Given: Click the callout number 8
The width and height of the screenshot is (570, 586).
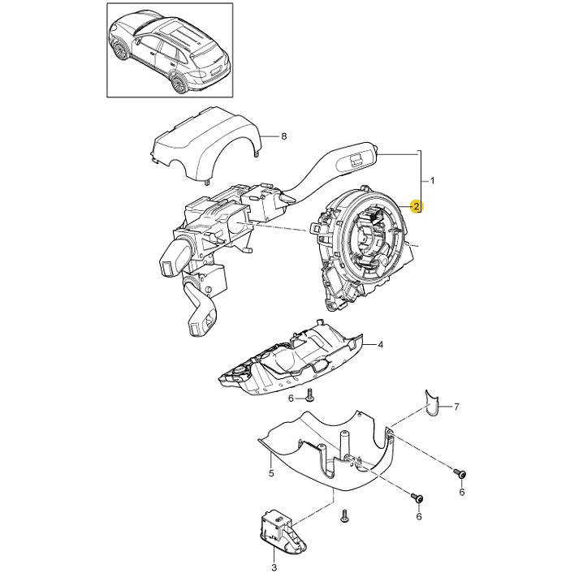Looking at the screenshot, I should tap(284, 136).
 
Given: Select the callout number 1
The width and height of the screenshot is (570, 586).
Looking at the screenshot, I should tap(433, 179).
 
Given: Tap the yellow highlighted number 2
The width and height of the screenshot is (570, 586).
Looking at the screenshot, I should tap(417, 207).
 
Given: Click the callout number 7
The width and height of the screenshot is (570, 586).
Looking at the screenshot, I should tap(456, 406).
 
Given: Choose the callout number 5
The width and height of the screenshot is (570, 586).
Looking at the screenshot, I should tap(271, 471).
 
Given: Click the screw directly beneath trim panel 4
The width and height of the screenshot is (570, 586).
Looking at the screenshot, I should tap(310, 394).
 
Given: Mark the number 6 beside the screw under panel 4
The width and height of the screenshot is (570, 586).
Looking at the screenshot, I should tap(291, 399).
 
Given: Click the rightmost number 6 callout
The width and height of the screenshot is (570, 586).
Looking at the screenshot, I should tap(462, 492).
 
